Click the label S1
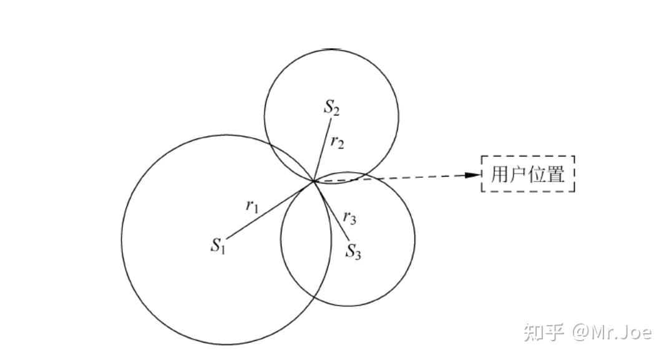pyautogui.click(x=217, y=245)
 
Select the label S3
pyautogui.click(x=354, y=251)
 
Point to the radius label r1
pyautogui.click(x=251, y=206)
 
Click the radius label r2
pyautogui.click(x=338, y=143)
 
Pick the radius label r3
pyautogui.click(x=350, y=218)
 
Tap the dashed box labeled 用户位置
pyautogui.click(x=527, y=174)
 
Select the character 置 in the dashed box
pyautogui.click(x=555, y=174)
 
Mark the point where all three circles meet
pyautogui.click(x=313, y=181)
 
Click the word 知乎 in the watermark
pyautogui.click(x=544, y=332)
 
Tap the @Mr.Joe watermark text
pyautogui.click(x=612, y=332)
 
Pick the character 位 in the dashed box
pyautogui.click(x=537, y=174)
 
